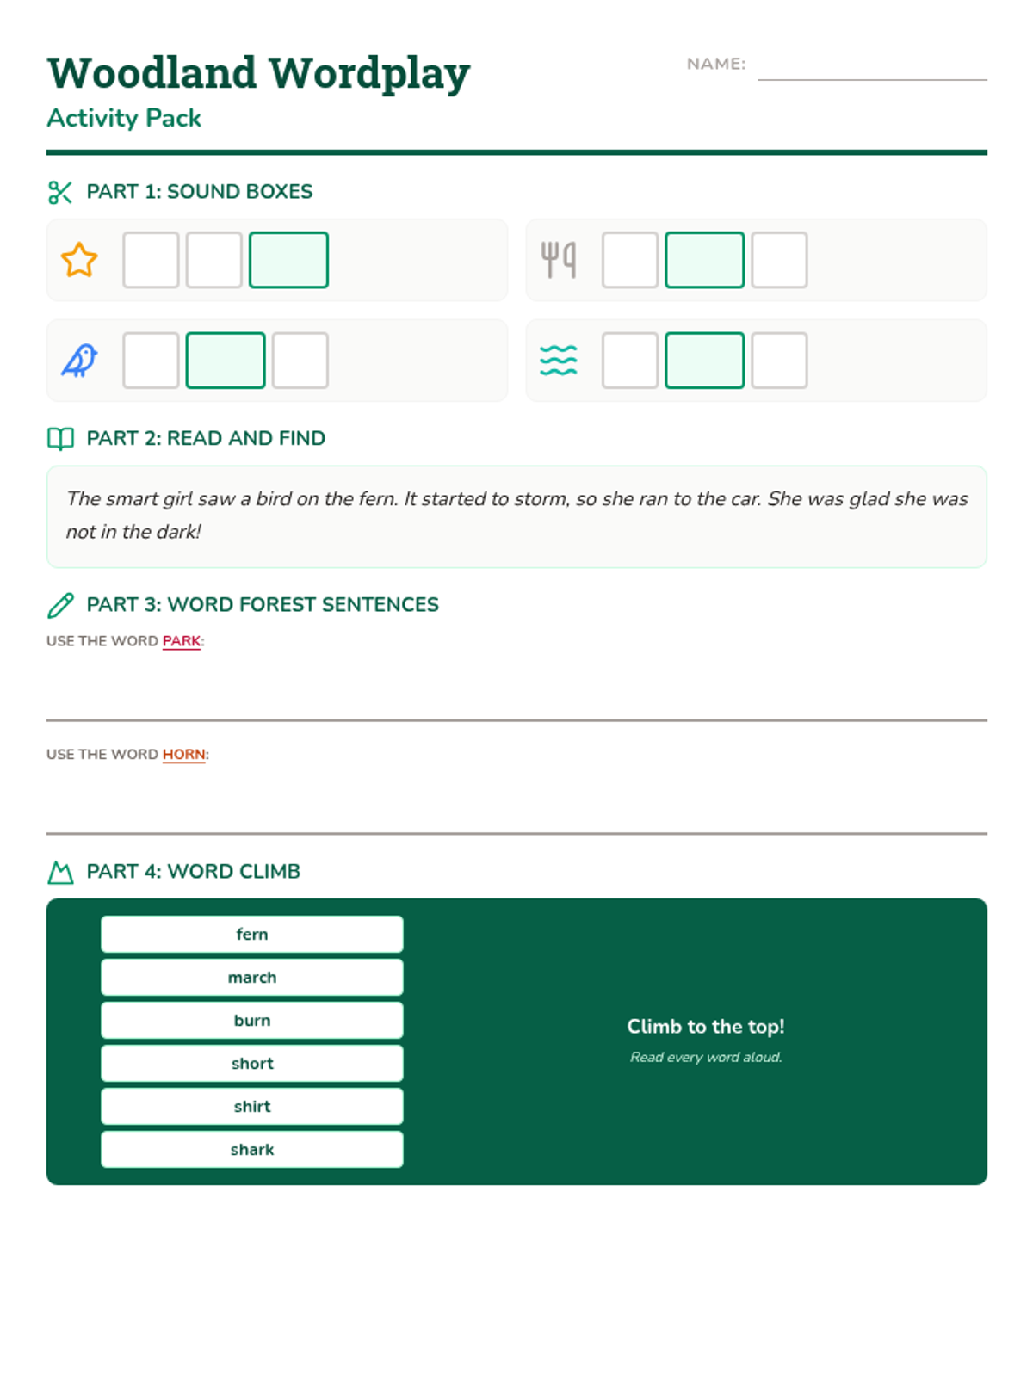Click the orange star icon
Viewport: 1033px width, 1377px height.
(x=79, y=260)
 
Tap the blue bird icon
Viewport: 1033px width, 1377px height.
(x=79, y=360)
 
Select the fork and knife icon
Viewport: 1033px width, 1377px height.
(x=558, y=260)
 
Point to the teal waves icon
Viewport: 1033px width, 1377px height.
(x=558, y=360)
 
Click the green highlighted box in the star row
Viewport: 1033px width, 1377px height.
(x=288, y=260)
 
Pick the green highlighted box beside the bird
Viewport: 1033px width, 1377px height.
(x=226, y=360)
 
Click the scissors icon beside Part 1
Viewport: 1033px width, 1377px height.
(x=60, y=193)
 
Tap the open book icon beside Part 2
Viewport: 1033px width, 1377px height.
(x=60, y=439)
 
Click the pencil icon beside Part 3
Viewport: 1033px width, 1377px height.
(x=60, y=605)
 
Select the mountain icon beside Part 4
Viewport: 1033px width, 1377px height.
(x=60, y=873)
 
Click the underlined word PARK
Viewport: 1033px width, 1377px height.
(x=182, y=641)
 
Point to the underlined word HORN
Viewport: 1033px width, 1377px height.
(x=183, y=754)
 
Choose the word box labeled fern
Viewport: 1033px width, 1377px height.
(x=252, y=934)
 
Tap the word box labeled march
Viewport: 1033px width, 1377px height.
(x=252, y=977)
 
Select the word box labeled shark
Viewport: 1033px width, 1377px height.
(x=252, y=1149)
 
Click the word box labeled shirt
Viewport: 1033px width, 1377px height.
(x=252, y=1106)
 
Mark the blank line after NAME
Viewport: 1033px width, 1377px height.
(x=872, y=80)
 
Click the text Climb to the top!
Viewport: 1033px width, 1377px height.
(x=706, y=1027)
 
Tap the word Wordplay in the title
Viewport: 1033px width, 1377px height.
(x=369, y=74)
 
